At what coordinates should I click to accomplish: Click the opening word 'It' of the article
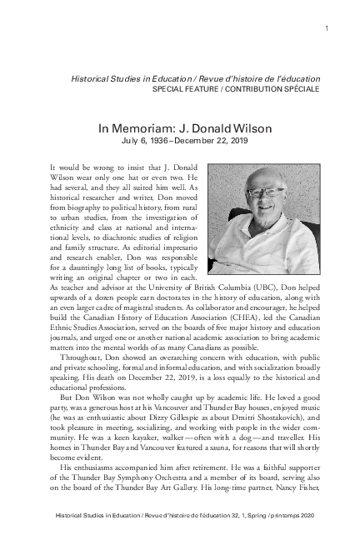[x=54, y=167]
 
